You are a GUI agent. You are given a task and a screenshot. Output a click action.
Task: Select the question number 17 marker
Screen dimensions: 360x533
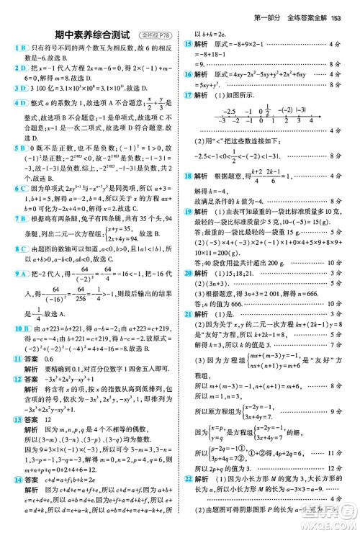pyautogui.click(x=189, y=94)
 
